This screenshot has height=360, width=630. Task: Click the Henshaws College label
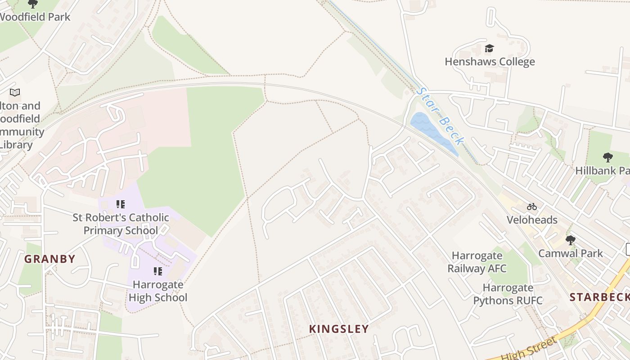[x=490, y=62]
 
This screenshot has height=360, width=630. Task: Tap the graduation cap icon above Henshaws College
[x=489, y=48]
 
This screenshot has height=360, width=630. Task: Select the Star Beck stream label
[x=440, y=116]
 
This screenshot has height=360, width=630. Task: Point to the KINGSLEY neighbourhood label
[x=339, y=329]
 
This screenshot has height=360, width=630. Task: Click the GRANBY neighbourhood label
[x=49, y=259]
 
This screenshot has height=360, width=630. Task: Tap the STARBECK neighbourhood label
[x=599, y=297]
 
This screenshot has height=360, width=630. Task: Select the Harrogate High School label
[x=158, y=291]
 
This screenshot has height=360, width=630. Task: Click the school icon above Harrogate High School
[x=158, y=271]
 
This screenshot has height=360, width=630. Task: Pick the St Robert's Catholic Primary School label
[x=121, y=224]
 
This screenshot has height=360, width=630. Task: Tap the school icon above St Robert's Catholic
[x=120, y=204]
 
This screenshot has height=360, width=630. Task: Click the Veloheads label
[x=532, y=220]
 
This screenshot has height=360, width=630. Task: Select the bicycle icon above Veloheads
[x=532, y=207]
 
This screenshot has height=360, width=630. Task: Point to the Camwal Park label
[x=570, y=253]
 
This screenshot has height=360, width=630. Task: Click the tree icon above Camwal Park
[x=570, y=240]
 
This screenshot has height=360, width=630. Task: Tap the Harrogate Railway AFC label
[x=477, y=262]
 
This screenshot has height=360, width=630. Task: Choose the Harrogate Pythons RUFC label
[x=508, y=294]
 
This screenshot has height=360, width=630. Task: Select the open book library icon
[x=15, y=92]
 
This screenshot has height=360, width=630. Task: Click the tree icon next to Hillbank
[x=607, y=157]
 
